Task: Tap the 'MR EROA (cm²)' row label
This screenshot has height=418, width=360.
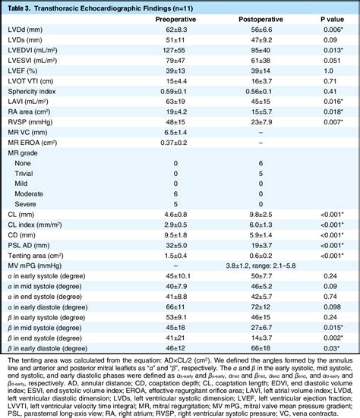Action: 31,143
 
